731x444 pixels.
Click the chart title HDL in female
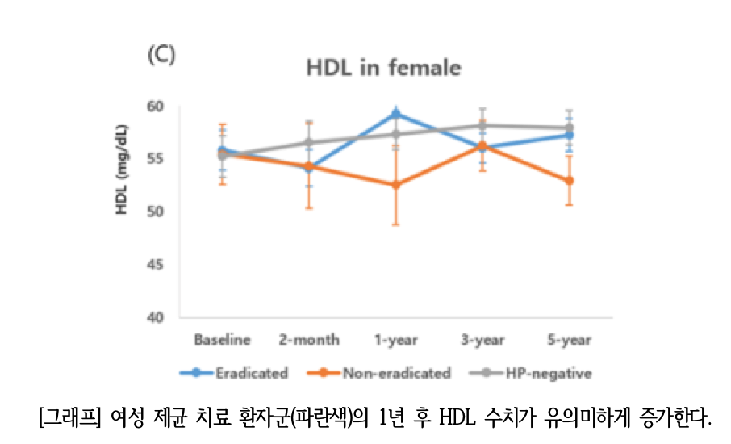[x=384, y=68]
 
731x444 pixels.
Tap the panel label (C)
[x=161, y=55]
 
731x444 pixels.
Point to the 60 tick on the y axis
[x=155, y=107]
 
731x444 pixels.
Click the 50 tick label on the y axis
[x=155, y=212]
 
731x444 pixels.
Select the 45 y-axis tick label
[x=155, y=265]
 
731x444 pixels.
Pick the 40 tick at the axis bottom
[x=155, y=317]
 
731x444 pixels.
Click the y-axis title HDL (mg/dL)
[x=122, y=170]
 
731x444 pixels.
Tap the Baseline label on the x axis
[x=223, y=340]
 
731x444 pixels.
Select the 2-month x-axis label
[x=309, y=340]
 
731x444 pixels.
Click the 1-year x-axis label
[x=396, y=340]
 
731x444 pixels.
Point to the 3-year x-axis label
[x=482, y=340]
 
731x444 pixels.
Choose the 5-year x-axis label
[x=570, y=340]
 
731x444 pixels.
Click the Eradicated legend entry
[x=234, y=373]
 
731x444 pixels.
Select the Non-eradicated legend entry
[x=379, y=373]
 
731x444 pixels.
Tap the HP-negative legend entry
[x=531, y=373]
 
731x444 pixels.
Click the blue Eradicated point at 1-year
[x=396, y=114]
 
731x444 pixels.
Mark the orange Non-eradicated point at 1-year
[x=396, y=185]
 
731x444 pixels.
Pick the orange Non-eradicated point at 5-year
[x=570, y=181]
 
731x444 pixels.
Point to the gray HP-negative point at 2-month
[x=309, y=142]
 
